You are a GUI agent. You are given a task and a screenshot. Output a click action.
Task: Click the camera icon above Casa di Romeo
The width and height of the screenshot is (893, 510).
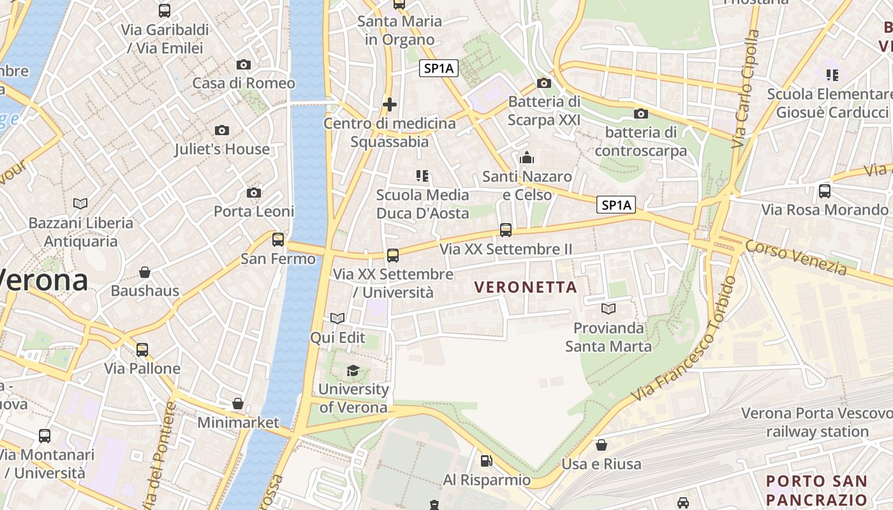tap(243, 64)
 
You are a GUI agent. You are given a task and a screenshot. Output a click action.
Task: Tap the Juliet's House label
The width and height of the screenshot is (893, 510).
tap(222, 149)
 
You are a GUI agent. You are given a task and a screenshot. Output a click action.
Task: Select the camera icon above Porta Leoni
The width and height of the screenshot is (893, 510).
tap(254, 193)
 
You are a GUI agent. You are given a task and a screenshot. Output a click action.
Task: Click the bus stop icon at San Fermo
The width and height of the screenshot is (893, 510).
tap(278, 240)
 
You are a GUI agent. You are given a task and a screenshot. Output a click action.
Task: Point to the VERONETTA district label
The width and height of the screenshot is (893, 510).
tap(526, 288)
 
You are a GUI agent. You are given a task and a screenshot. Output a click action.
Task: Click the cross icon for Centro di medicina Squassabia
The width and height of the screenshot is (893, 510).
tap(390, 104)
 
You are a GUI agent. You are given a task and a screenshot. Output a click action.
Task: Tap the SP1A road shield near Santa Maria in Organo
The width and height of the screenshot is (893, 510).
tap(439, 68)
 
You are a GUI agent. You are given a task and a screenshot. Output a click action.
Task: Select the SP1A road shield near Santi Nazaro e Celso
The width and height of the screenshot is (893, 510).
tap(616, 205)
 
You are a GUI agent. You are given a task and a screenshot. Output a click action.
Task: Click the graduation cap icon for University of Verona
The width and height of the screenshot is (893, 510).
tap(353, 370)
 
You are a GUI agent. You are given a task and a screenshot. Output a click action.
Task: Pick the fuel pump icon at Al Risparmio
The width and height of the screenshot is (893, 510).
tap(486, 460)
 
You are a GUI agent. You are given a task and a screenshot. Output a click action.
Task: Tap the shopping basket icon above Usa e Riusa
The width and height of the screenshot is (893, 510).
tap(601, 444)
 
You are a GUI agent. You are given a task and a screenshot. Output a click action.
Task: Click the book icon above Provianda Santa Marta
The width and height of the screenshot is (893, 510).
tap(609, 309)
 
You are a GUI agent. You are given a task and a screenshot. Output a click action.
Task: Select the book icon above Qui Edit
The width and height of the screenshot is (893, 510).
tap(337, 318)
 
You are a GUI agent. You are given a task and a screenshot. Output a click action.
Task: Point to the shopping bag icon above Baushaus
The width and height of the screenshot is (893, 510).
tap(145, 272)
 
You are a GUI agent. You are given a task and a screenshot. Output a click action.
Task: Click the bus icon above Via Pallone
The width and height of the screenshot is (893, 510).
tap(142, 349)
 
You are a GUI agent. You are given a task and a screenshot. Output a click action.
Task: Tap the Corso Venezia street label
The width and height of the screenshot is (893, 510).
tap(796, 258)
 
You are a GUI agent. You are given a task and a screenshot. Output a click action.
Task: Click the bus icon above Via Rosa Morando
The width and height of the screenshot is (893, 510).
tap(825, 191)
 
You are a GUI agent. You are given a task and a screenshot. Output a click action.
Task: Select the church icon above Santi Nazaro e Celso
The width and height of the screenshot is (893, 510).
tap(527, 157)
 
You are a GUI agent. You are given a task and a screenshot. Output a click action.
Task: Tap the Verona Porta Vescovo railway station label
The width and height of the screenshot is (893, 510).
tap(813, 422)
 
